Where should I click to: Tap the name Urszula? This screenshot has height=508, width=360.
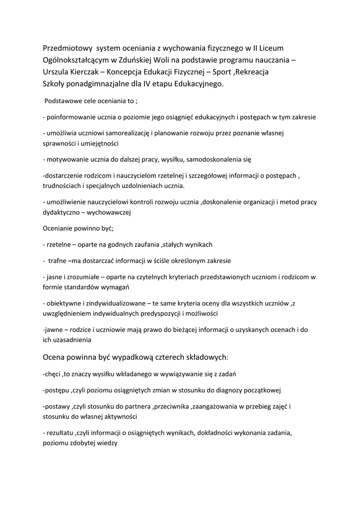(57, 72)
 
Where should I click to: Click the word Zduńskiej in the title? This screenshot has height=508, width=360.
(142, 60)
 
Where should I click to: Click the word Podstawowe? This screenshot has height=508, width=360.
(63, 101)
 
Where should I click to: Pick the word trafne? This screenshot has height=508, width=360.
(58, 260)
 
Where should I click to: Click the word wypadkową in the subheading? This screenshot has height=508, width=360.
(132, 357)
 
